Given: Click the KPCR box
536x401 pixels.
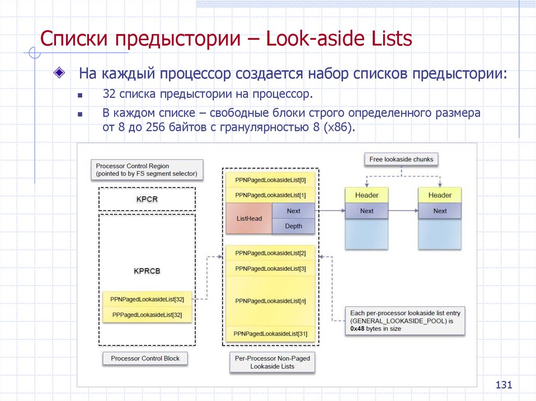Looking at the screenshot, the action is [x=147, y=199].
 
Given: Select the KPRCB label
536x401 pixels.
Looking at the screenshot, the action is [x=147, y=271].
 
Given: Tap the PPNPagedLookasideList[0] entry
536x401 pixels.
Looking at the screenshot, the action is [x=271, y=180].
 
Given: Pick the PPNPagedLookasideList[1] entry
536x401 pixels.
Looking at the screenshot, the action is [x=271, y=195].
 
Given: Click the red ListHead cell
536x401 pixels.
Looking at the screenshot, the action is [x=249, y=219].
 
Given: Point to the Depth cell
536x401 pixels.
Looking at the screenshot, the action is [x=294, y=226].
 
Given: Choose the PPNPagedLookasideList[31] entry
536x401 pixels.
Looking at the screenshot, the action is [x=271, y=334].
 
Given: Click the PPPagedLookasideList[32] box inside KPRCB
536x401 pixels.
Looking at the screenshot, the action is [x=147, y=315].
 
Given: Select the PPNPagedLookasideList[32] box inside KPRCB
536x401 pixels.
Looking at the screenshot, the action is [x=147, y=299].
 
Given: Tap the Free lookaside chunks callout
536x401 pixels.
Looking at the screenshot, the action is [x=401, y=159].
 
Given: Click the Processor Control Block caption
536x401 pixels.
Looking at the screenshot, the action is [x=145, y=359].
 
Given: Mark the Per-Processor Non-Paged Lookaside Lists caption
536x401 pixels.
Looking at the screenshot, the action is [x=272, y=362].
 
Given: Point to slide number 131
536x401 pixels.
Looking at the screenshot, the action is [x=503, y=385].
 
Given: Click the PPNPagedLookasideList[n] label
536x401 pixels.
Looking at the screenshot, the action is [x=271, y=301].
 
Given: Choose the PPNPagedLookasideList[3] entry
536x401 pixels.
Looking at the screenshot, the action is [x=271, y=269].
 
